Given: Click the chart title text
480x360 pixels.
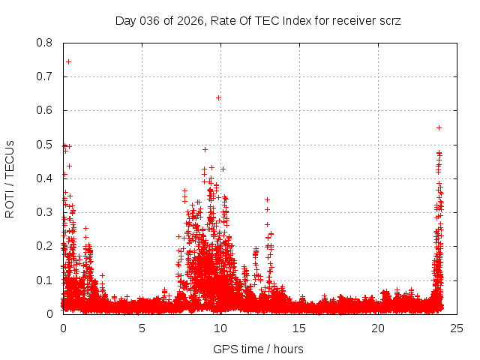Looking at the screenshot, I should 258,20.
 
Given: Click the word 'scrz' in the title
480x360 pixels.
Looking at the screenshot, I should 389,20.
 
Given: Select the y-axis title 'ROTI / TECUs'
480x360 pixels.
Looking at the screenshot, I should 10,178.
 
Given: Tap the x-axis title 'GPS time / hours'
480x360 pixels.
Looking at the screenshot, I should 258,349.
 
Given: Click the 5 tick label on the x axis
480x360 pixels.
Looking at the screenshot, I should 142,328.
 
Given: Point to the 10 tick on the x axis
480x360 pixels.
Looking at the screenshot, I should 220,328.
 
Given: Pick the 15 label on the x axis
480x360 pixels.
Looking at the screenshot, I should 299,328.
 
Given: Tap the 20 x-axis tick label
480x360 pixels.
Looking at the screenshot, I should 378,328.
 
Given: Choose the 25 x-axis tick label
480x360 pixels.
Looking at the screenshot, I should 457,328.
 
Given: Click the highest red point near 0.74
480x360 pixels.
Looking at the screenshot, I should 68,61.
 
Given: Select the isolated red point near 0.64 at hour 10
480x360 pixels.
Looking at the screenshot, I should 218,97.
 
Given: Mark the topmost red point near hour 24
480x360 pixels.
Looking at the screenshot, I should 439,127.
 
